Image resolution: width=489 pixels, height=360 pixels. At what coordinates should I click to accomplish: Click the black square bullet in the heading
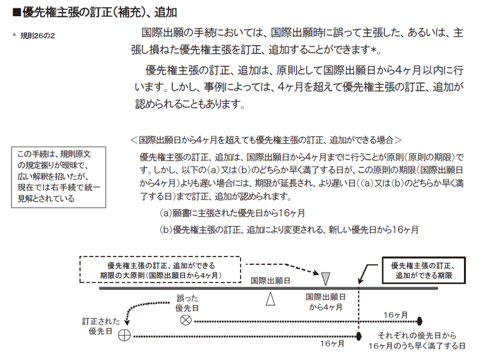point(17,12)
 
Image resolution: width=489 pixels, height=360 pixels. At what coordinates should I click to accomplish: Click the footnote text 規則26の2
point(37,36)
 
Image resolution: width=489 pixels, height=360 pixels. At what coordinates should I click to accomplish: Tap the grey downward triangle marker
point(326,279)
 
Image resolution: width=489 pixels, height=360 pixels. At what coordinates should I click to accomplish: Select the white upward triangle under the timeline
point(270,299)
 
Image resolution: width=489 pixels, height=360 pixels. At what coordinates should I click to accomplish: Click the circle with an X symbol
point(186,320)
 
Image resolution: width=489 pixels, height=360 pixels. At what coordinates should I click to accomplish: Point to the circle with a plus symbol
point(124,336)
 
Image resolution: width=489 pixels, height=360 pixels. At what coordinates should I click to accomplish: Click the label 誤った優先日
point(187,303)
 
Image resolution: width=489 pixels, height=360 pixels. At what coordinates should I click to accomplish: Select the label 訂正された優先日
point(101,326)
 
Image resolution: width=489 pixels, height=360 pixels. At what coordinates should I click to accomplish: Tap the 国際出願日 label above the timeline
point(270,280)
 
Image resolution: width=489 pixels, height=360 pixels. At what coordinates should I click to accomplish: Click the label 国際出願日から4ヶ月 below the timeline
point(326,302)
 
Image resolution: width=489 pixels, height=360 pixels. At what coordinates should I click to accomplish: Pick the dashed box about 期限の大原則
point(160,269)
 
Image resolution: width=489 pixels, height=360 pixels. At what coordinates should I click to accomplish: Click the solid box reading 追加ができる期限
point(424,270)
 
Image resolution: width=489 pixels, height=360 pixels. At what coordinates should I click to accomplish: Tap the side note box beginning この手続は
point(59,177)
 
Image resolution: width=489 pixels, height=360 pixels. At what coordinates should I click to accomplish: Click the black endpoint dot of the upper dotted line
point(420,321)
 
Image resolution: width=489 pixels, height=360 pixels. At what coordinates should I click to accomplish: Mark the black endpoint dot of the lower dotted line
point(359,336)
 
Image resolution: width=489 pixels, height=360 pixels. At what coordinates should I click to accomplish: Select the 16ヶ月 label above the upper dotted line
point(396,315)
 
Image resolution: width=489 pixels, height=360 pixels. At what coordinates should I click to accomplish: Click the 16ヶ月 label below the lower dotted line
point(332,343)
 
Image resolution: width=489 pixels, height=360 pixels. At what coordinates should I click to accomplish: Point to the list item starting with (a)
point(232,213)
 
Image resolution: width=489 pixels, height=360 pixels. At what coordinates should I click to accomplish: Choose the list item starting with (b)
point(289,230)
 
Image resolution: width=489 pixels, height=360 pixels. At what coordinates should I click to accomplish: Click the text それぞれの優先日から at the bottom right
point(417,336)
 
